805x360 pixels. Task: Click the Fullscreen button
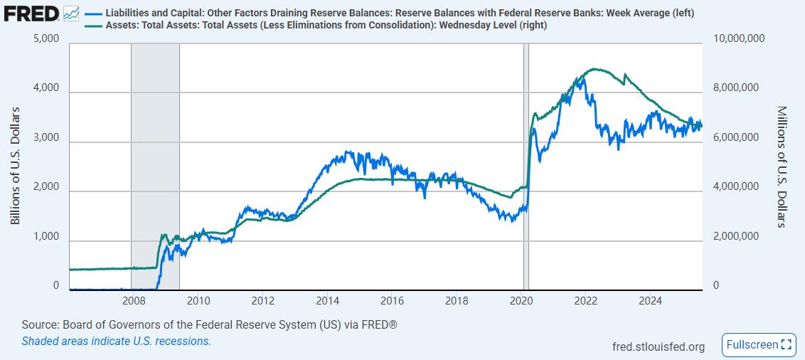[x=758, y=344]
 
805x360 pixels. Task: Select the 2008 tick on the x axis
[x=134, y=300]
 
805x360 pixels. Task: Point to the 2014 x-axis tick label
[x=328, y=300]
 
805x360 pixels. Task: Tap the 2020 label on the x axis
[x=521, y=300]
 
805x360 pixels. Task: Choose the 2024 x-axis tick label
[x=650, y=300]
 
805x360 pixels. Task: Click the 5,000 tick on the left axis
[x=46, y=38]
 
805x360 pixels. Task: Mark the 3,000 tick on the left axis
[x=46, y=137]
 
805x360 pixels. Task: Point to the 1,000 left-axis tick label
[x=46, y=236]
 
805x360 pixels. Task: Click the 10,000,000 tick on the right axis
[x=737, y=38]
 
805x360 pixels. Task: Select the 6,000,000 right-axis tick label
[x=735, y=137]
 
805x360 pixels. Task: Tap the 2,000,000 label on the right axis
[x=735, y=236]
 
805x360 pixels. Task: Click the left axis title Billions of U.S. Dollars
[x=15, y=166]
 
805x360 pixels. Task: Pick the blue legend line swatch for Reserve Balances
[x=92, y=14]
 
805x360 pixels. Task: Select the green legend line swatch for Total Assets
[x=92, y=26]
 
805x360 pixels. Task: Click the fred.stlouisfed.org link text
[x=659, y=346]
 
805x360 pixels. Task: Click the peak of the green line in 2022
[x=595, y=69]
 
